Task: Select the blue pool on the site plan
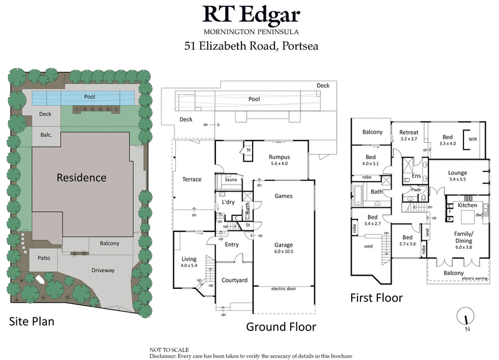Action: pyautogui.click(x=83, y=98)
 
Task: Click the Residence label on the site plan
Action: pyautogui.click(x=81, y=177)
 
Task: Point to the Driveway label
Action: pyautogui.click(x=103, y=270)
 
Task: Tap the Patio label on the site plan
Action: pyautogui.click(x=43, y=257)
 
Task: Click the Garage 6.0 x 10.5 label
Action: pyautogui.click(x=283, y=248)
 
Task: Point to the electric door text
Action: pyautogui.click(x=284, y=289)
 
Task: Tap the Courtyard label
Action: pyautogui.click(x=235, y=280)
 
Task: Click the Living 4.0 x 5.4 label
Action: pyautogui.click(x=188, y=262)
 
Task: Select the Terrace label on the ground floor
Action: pyautogui.click(x=191, y=180)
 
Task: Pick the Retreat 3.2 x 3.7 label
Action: pyautogui.click(x=409, y=135)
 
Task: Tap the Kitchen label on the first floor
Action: pyautogui.click(x=467, y=205)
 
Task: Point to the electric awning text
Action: pyautogui.click(x=472, y=278)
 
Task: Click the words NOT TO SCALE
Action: pyautogui.click(x=168, y=350)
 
